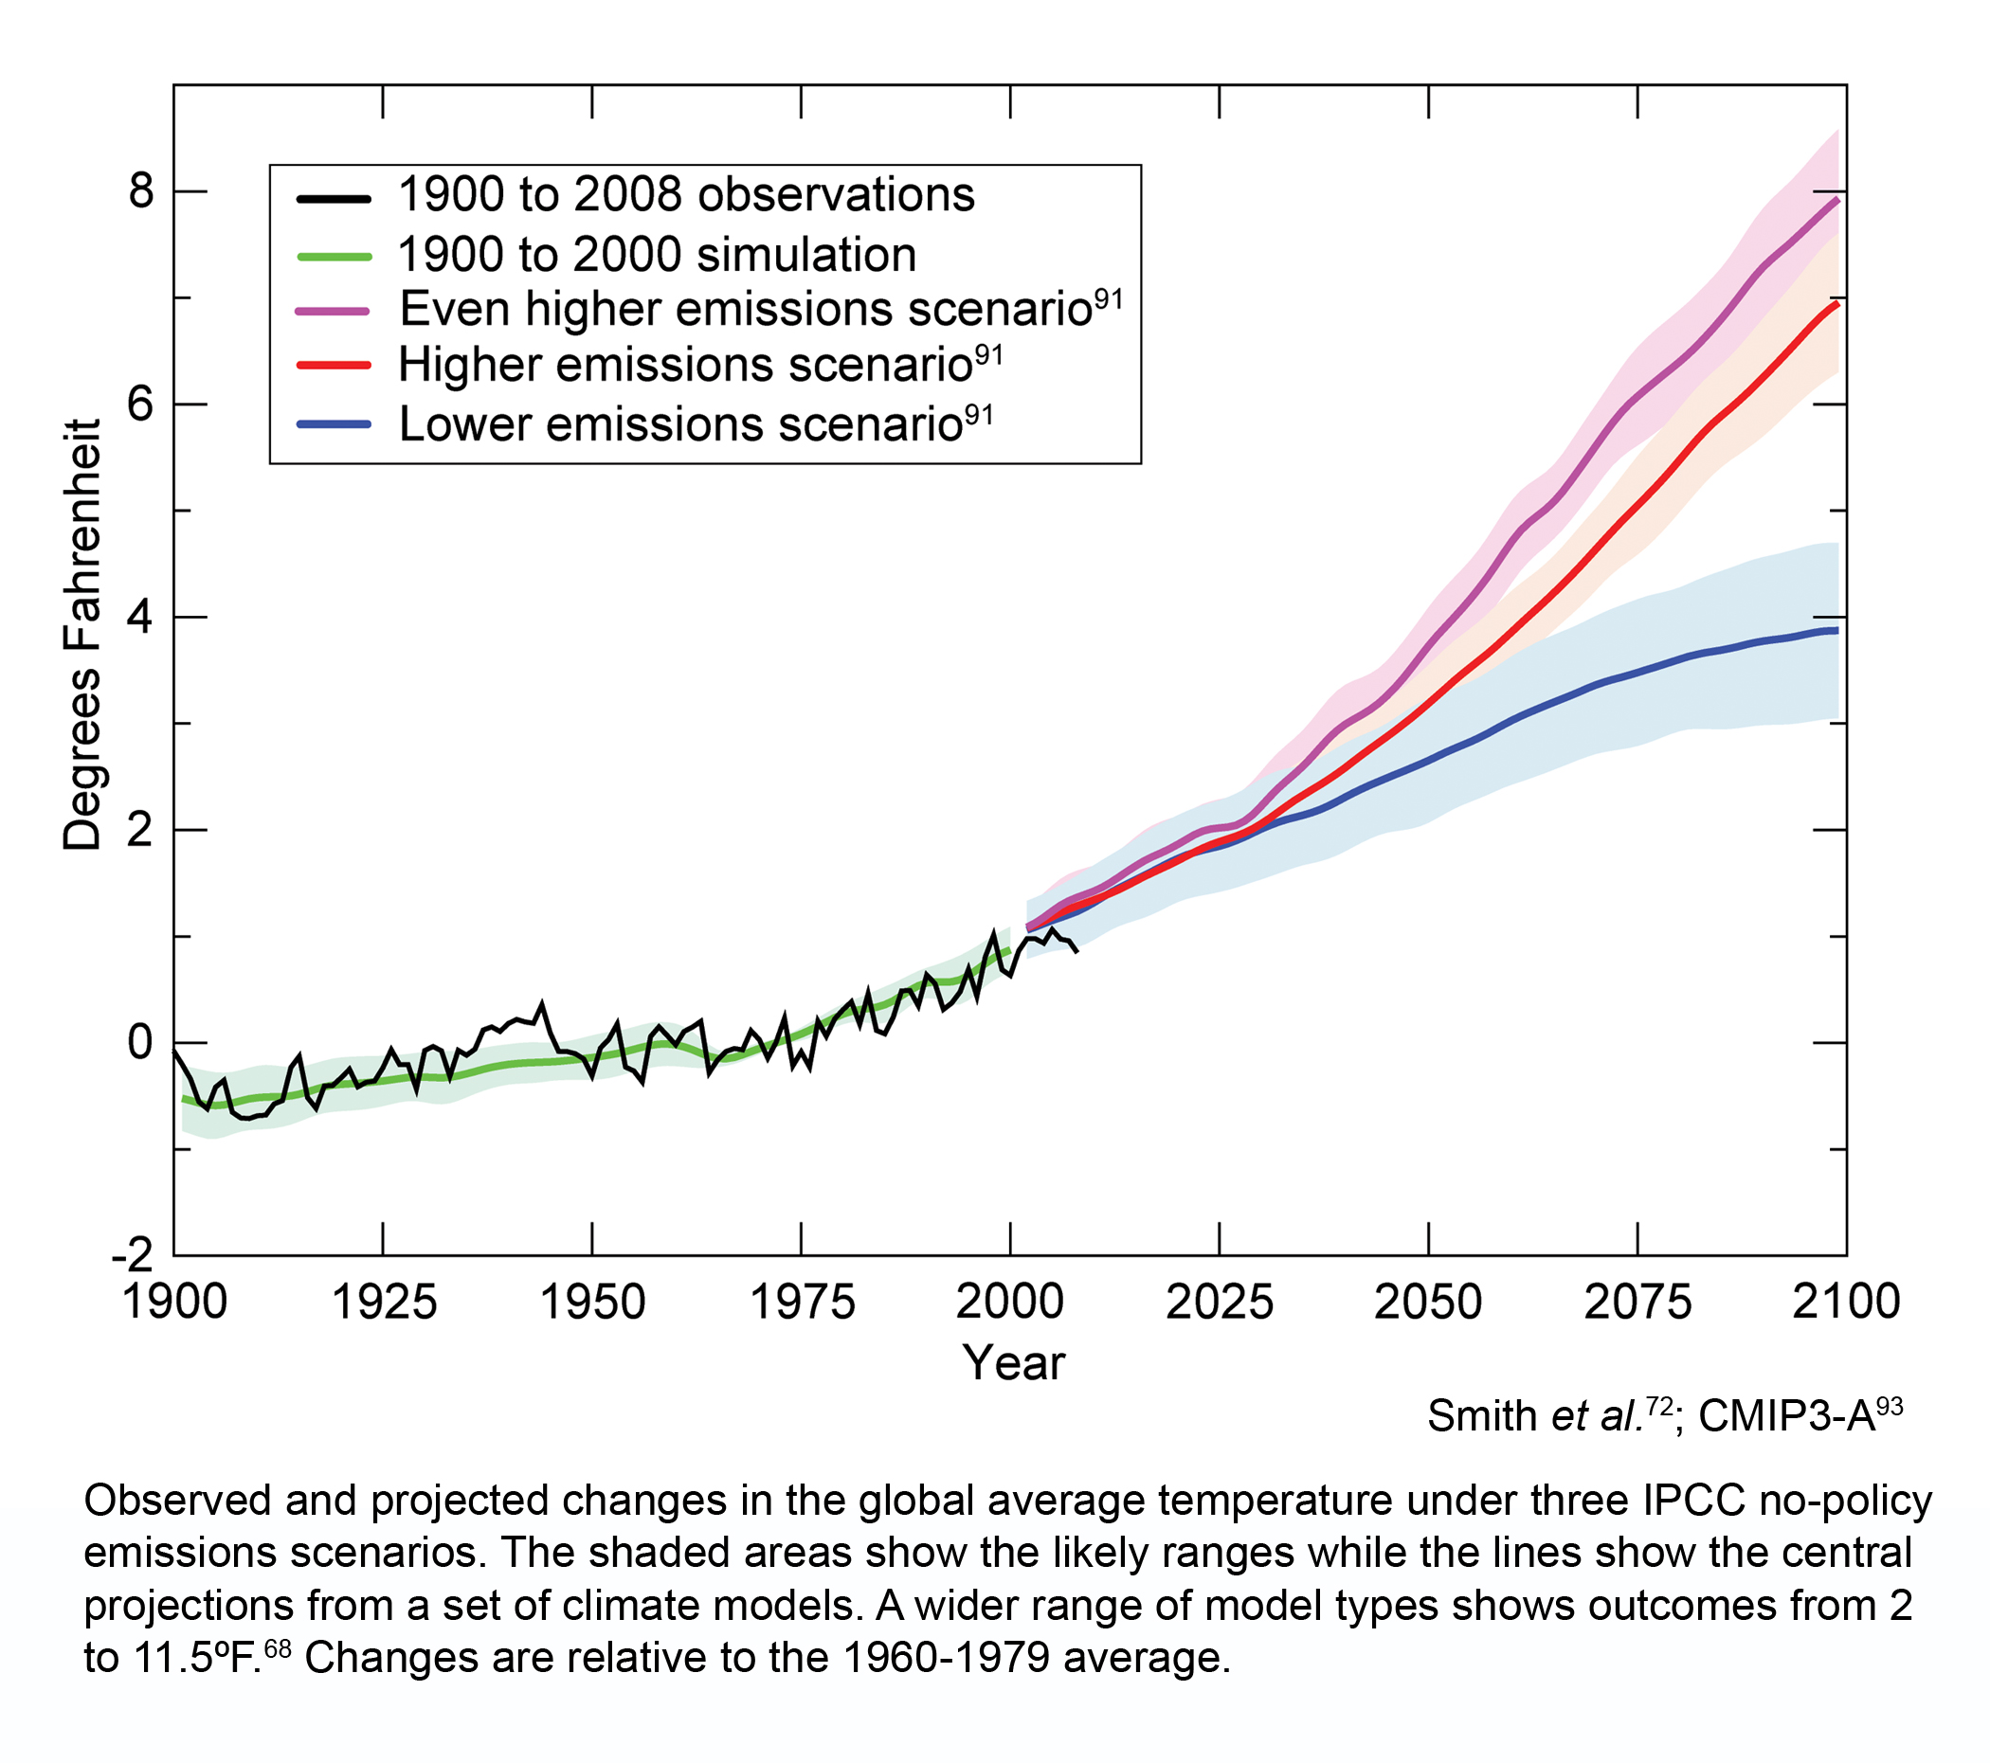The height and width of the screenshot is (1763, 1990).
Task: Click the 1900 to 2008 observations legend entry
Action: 685,196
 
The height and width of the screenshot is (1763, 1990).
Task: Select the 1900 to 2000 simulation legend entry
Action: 656,255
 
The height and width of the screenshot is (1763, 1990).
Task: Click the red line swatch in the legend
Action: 333,365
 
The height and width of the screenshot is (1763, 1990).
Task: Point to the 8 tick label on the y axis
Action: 141,190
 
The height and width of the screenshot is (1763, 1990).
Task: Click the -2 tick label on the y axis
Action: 134,1256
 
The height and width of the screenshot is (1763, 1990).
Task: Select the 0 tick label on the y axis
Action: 141,1043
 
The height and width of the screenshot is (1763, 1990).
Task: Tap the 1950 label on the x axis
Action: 592,1303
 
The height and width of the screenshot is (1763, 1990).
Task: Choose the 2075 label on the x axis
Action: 1637,1303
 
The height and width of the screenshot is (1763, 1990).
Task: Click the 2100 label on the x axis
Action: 1846,1303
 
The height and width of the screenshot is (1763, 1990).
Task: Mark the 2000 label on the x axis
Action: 1009,1303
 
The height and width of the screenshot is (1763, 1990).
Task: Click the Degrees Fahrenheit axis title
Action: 81,635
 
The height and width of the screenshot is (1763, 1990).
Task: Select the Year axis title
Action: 1014,1363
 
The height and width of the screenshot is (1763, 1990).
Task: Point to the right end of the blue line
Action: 1836,631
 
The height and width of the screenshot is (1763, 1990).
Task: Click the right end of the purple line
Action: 1836,200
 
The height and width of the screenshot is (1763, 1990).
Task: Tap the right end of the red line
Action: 1836,304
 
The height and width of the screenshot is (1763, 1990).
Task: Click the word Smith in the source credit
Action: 1483,1416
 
